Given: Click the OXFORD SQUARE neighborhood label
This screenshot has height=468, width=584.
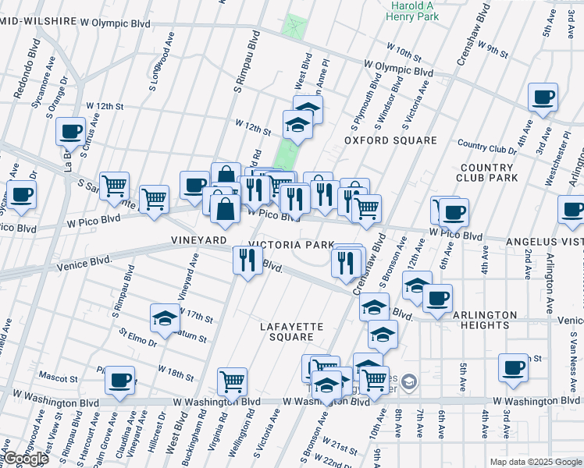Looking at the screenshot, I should pyautogui.click(x=391, y=140).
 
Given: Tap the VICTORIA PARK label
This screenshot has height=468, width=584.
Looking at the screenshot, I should pyautogui.click(x=292, y=244).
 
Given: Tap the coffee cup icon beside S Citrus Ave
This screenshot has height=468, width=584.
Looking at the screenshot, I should pyautogui.click(x=70, y=131).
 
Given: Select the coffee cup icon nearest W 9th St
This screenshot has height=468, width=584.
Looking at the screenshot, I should pyautogui.click(x=543, y=97).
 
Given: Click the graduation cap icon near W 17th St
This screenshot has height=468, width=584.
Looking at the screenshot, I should pyautogui.click(x=165, y=317).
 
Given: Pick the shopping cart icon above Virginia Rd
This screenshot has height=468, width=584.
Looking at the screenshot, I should pyautogui.click(x=232, y=381).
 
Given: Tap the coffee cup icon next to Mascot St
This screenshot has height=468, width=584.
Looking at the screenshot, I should pyautogui.click(x=119, y=380).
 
